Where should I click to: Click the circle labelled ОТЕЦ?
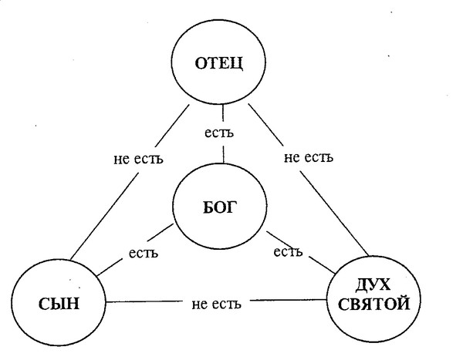[224, 62]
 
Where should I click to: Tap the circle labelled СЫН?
[58, 301]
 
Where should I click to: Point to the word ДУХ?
[373, 284]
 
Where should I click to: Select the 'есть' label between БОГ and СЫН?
[144, 253]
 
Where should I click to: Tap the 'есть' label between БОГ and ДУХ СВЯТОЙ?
[287, 252]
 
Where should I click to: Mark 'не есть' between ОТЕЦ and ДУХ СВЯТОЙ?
[308, 158]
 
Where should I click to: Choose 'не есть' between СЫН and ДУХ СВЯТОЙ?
[217, 302]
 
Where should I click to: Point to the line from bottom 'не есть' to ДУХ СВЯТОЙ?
[289, 301]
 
